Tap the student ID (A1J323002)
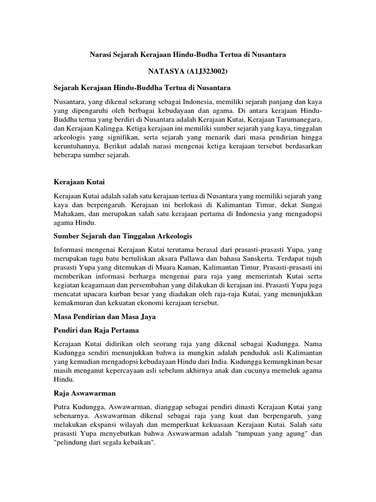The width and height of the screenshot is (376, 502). point(208,72)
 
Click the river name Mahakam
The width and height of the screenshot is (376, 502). point(70,214)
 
